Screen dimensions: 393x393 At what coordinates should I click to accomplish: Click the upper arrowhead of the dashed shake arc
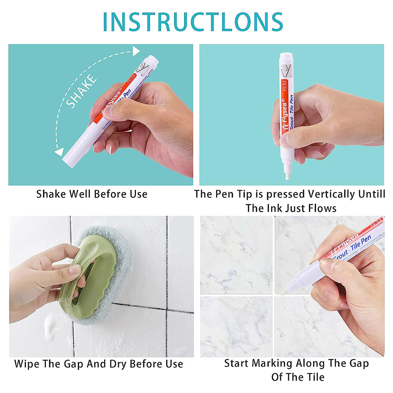136,51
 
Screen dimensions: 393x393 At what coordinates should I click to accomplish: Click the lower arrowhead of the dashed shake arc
59,152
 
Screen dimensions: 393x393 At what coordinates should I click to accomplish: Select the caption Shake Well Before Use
92,194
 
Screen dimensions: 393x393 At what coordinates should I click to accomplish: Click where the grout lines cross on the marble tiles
274,294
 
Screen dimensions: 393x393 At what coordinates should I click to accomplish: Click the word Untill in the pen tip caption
371,194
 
